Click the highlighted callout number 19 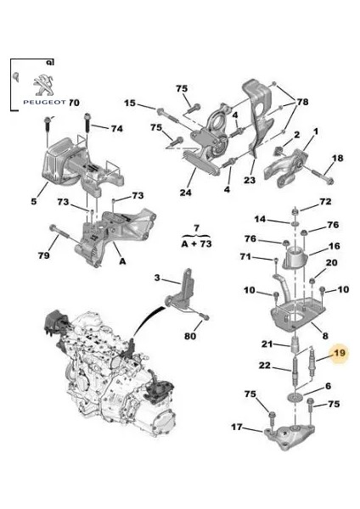340,353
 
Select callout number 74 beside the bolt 116,128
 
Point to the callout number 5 34,202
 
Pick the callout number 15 129,103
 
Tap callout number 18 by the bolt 336,159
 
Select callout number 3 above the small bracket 156,277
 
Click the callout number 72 325,202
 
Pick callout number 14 261,219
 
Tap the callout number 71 245,256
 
